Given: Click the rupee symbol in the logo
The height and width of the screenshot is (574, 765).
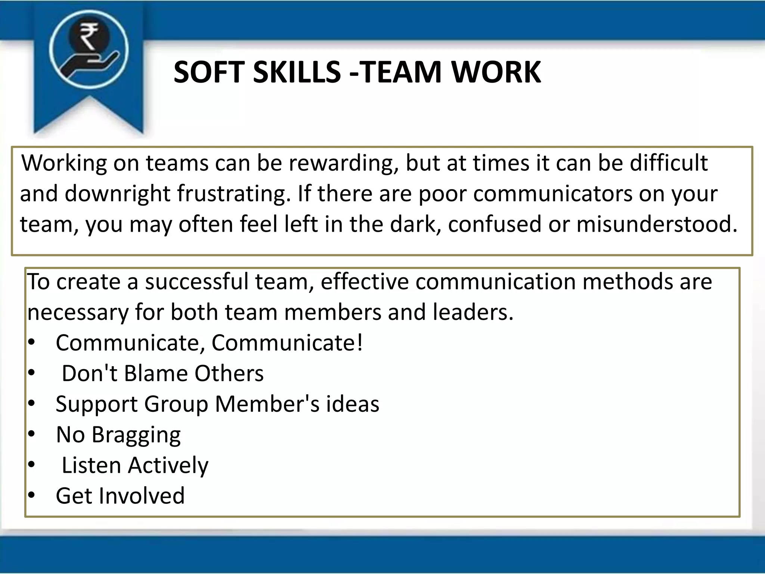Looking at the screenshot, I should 89,36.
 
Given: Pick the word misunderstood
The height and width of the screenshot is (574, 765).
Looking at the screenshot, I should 657,224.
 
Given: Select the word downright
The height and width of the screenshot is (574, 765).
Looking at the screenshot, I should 117,194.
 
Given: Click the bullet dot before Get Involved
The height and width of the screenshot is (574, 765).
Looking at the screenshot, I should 31,495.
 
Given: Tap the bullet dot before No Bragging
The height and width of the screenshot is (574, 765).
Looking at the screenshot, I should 31,434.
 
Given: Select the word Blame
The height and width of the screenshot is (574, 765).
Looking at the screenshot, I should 155,373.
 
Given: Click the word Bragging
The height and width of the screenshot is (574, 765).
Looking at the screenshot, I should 136,435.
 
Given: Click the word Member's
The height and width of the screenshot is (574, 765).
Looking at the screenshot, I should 267,404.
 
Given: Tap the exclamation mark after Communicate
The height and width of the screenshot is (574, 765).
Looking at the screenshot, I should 359,343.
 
